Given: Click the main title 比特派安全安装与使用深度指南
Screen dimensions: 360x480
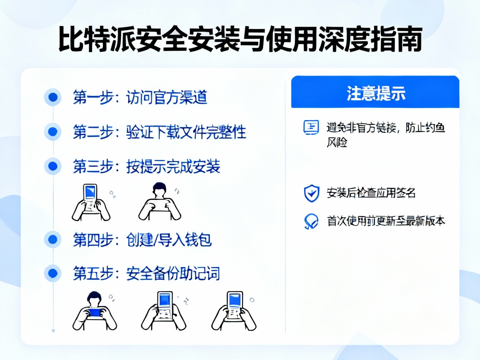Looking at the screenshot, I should [x=240, y=40].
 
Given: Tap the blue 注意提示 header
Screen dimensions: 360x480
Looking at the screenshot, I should [x=375, y=92].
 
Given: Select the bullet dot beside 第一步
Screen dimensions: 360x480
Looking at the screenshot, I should [x=53, y=97].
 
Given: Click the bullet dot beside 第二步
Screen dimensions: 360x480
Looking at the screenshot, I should [x=53, y=132].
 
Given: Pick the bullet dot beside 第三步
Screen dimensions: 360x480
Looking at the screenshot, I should [x=53, y=166].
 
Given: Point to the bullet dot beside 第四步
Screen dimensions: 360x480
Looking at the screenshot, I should [x=53, y=240].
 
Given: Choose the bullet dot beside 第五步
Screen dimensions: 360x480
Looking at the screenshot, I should [x=53, y=273].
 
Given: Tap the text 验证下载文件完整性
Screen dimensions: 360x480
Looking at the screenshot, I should [x=186, y=132].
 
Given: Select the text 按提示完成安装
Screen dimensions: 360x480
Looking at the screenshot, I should [x=173, y=167].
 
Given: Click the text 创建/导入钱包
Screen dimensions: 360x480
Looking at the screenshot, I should [x=169, y=240].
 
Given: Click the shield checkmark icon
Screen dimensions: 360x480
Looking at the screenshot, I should [x=311, y=193].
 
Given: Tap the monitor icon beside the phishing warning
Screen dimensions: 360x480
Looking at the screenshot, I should [x=311, y=127].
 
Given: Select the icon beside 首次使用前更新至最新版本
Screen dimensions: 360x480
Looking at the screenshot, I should [x=311, y=221].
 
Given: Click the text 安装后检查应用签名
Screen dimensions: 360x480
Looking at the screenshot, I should [x=371, y=193].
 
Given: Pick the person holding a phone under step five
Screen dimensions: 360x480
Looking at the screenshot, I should [x=95, y=310].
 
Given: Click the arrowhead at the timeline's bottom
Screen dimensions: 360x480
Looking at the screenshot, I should [x=53, y=331].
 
